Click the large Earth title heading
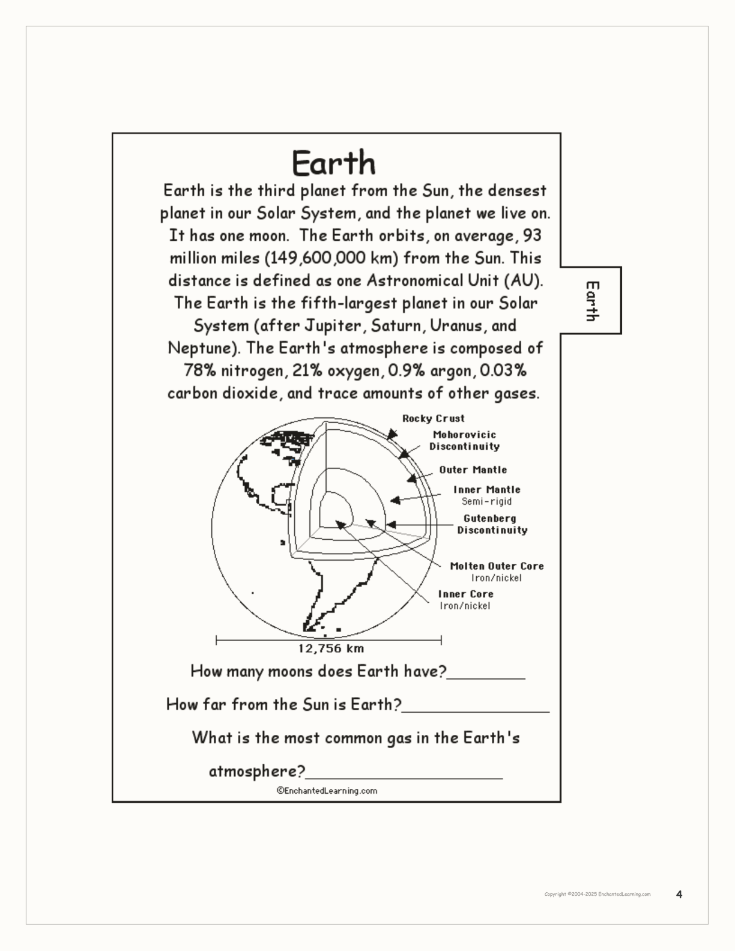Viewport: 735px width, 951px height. (x=334, y=163)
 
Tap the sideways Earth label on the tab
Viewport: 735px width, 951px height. (x=592, y=301)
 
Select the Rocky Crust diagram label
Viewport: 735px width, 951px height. (x=433, y=418)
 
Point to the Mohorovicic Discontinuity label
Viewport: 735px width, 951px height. (x=464, y=440)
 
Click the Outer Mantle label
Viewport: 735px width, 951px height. (x=473, y=469)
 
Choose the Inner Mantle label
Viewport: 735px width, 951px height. (x=486, y=489)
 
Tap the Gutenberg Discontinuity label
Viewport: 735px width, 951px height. (x=492, y=524)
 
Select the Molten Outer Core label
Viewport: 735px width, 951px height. (x=497, y=566)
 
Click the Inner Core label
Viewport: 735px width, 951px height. (x=465, y=594)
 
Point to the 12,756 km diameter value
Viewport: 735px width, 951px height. (x=331, y=648)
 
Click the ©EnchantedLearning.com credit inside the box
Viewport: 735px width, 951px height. (x=327, y=791)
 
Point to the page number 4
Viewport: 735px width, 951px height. (x=679, y=895)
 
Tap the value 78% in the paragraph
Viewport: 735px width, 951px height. (x=199, y=370)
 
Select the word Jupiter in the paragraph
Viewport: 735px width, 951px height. (x=334, y=326)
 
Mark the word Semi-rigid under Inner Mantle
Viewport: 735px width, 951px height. (x=486, y=501)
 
